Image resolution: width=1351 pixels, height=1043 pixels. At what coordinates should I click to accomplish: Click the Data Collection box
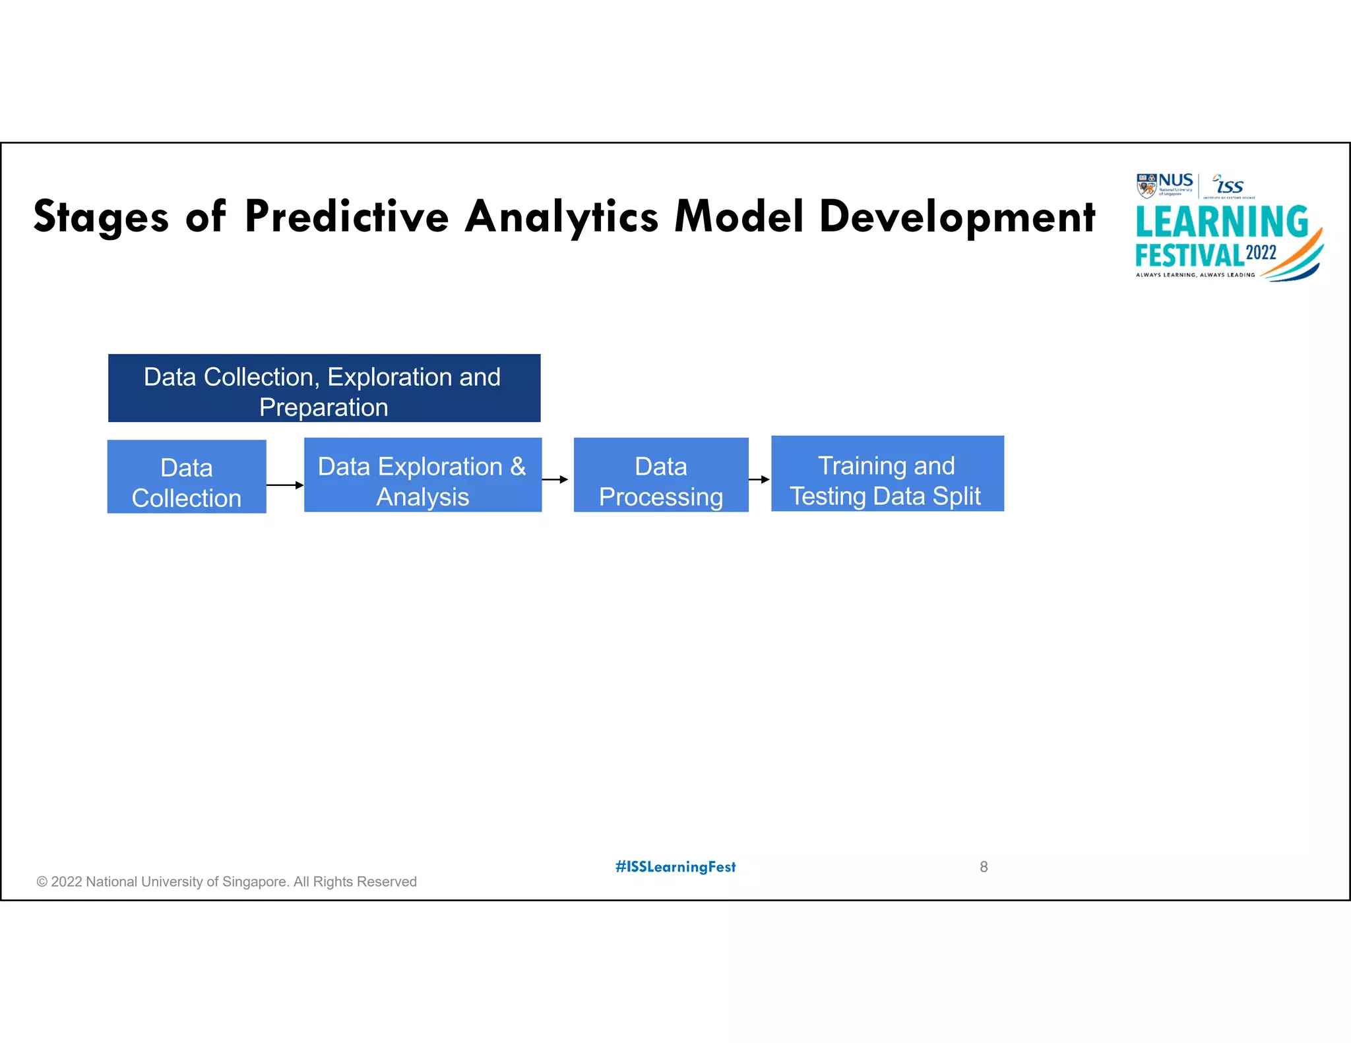tap(187, 477)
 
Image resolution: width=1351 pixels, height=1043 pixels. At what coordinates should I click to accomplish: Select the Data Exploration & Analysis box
tap(422, 475)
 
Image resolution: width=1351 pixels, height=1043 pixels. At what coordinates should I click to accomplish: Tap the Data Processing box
tap(661, 475)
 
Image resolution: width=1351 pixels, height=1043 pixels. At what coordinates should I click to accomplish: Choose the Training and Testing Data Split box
tap(887, 473)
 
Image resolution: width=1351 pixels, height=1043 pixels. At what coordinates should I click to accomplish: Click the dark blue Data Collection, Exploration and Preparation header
tap(324, 388)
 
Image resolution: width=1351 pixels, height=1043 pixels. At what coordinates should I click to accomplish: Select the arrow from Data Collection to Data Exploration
tap(284, 485)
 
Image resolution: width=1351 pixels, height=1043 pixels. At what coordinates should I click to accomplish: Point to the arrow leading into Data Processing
tap(555, 479)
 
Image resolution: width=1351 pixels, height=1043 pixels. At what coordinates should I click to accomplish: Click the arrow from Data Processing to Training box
tap(759, 479)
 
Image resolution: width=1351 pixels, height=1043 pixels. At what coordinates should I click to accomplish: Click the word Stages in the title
tap(101, 218)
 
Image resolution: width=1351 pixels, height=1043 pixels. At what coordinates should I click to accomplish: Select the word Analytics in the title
tap(561, 218)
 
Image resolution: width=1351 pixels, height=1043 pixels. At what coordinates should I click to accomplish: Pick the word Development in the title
tap(957, 218)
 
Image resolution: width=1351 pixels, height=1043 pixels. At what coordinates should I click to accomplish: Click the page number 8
tap(984, 867)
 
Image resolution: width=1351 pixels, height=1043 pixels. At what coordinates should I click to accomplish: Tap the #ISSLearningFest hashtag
tap(675, 867)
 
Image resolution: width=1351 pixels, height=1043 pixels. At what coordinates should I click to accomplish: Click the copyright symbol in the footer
tap(42, 882)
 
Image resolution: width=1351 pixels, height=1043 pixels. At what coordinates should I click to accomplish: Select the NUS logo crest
tap(1147, 186)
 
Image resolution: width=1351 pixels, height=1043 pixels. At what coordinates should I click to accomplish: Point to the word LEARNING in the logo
tap(1221, 222)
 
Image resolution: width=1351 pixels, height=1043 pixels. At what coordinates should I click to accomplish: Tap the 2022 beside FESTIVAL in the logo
tap(1261, 253)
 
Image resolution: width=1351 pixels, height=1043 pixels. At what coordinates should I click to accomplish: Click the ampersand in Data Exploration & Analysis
tap(518, 467)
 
